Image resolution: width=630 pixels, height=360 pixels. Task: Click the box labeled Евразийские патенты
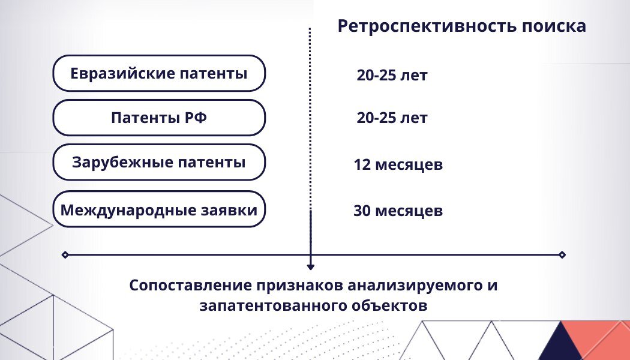[159, 74]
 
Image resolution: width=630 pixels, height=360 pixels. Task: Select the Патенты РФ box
[159, 118]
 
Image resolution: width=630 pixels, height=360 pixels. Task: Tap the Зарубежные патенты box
[159, 162]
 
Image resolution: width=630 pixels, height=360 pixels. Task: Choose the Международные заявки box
[159, 210]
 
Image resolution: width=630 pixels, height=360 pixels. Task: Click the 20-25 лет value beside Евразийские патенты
[392, 76]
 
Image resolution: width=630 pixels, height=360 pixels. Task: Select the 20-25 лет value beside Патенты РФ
[392, 118]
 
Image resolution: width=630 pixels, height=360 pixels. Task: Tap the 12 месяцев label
[398, 164]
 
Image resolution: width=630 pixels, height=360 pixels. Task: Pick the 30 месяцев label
[398, 211]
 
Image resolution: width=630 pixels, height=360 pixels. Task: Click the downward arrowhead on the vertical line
[311, 266]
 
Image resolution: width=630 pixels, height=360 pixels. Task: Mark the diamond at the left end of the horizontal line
[65, 255]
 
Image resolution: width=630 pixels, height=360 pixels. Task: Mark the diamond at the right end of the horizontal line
[562, 255]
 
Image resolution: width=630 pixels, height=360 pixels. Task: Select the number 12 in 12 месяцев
[361, 164]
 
